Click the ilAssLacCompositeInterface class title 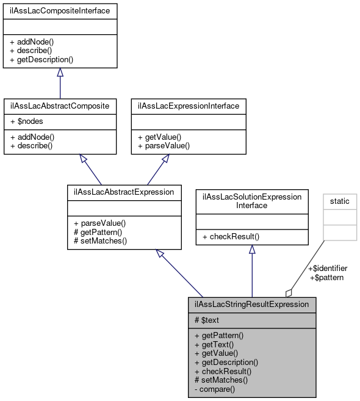(60, 10)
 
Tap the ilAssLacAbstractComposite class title (60, 106)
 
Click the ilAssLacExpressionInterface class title (189, 106)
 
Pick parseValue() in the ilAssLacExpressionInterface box (164, 146)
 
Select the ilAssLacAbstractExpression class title (124, 192)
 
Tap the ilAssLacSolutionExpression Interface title (252, 201)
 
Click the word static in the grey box (340, 201)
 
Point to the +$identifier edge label (327, 268)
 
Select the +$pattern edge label (327, 277)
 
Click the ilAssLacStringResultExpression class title (252, 304)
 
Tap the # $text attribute (207, 320)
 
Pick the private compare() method (214, 388)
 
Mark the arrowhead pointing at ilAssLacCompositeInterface (60, 73)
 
